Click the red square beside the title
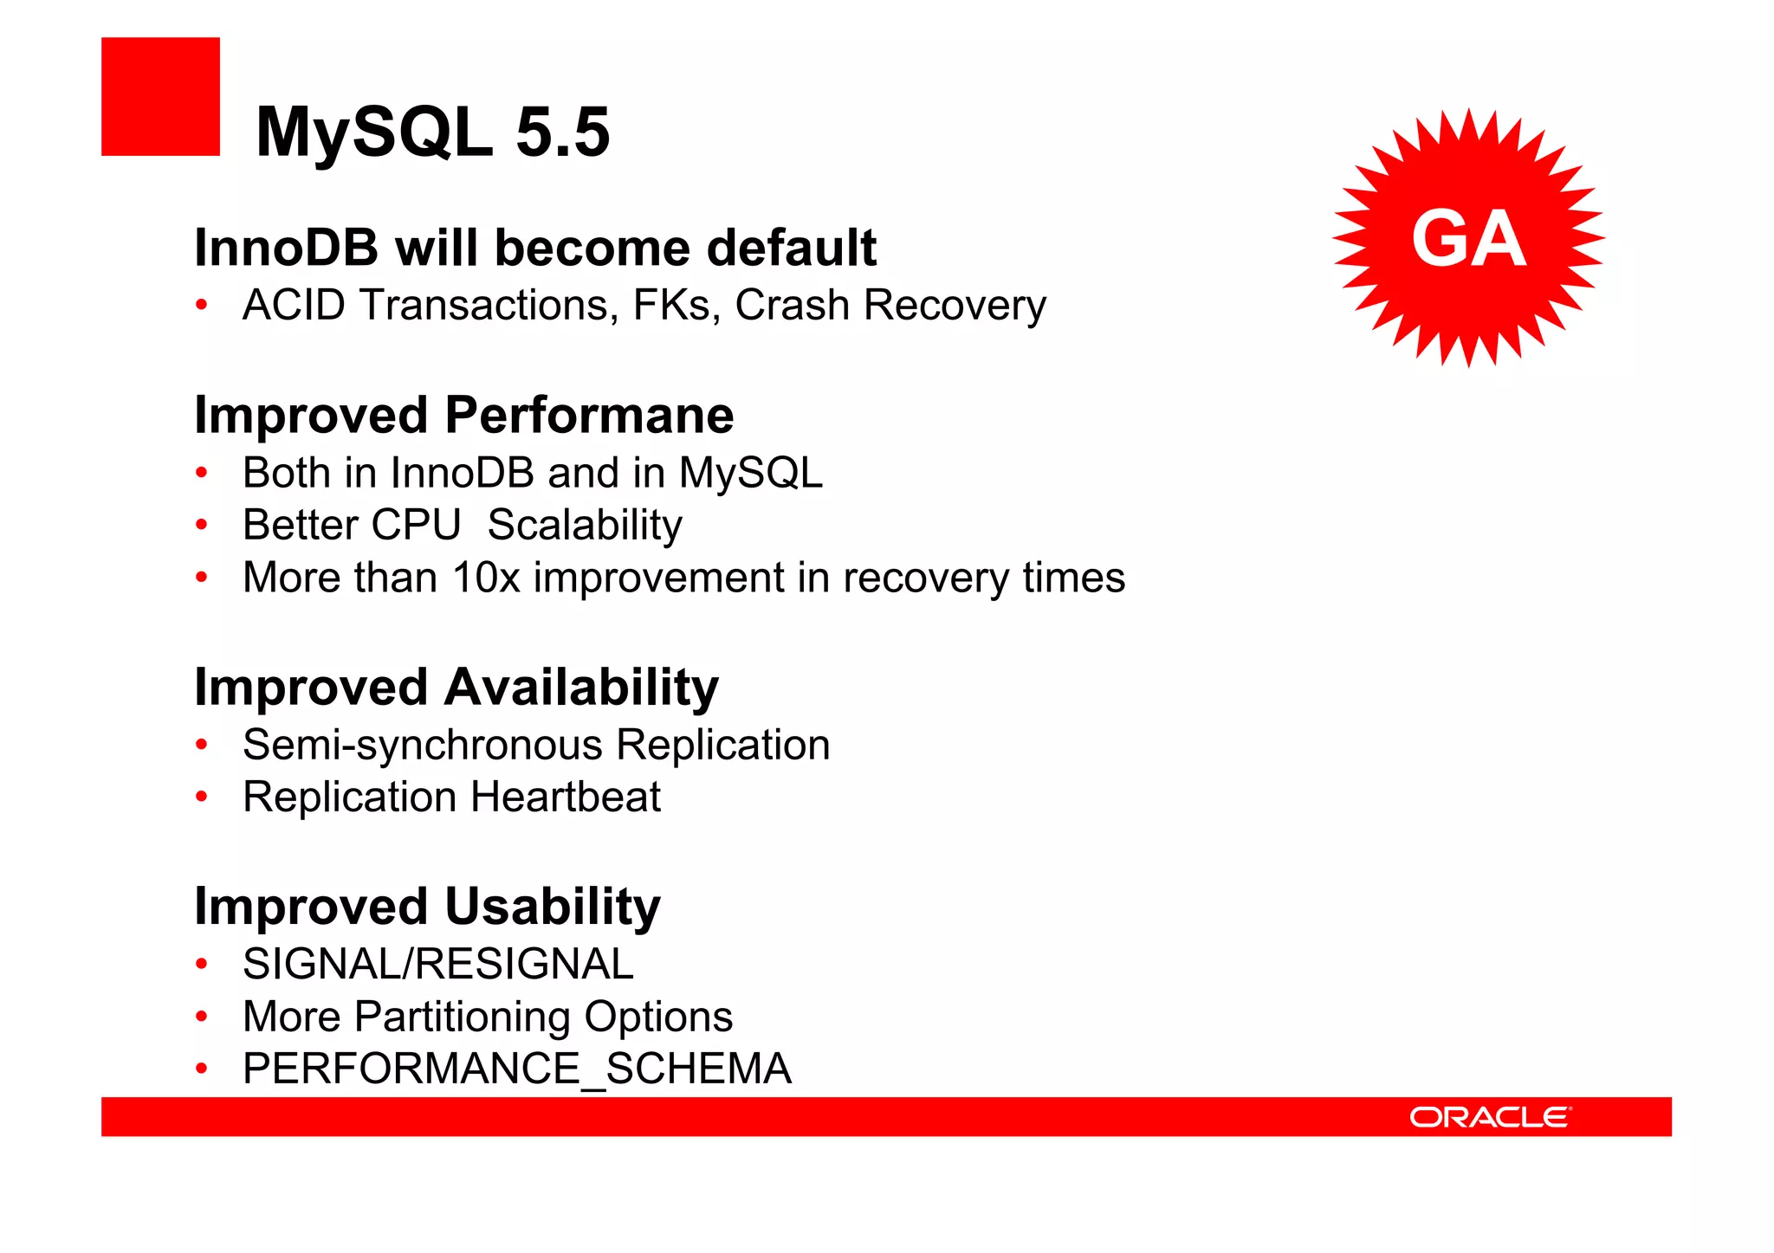coord(160,96)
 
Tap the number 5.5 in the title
coord(563,132)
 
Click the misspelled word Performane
coord(589,415)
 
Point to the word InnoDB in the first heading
coord(286,248)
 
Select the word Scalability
coord(585,525)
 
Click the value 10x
coord(485,578)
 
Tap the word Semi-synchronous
coord(423,745)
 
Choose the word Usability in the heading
coord(553,907)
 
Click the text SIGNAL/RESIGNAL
coord(438,964)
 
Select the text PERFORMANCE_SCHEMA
coord(517,1069)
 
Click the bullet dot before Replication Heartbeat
coord(202,797)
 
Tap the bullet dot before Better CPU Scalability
coord(202,525)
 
